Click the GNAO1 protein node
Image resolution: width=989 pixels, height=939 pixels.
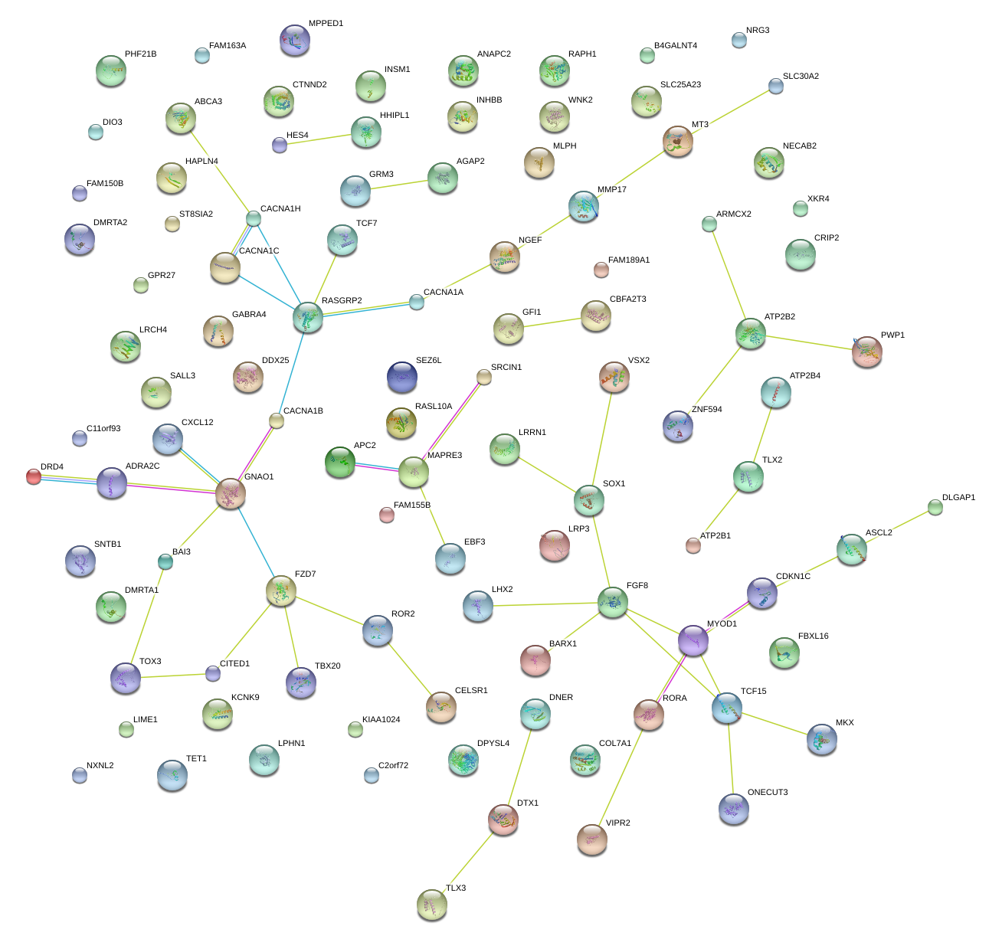[x=230, y=492]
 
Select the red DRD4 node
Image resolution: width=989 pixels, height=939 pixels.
[x=33, y=476]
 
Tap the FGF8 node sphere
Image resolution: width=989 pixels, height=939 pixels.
[x=612, y=602]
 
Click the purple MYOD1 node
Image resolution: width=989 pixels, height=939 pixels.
[x=693, y=640]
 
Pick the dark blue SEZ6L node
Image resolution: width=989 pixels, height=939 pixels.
[x=402, y=376]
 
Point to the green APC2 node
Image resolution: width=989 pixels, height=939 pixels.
[x=339, y=462]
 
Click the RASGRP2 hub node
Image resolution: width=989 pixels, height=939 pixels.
[x=307, y=316]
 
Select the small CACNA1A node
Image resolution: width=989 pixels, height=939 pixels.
[x=416, y=302]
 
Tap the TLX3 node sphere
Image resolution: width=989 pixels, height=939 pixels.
[x=431, y=905]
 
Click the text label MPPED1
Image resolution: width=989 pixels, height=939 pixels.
[x=326, y=24]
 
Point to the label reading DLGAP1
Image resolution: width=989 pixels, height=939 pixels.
[x=958, y=498]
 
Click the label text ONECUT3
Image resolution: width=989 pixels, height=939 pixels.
[x=768, y=793]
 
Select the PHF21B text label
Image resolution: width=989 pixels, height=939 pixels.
[x=140, y=54]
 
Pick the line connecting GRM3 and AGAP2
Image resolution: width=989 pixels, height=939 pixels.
[x=398, y=185]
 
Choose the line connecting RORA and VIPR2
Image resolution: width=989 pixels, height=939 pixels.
[x=621, y=776]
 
